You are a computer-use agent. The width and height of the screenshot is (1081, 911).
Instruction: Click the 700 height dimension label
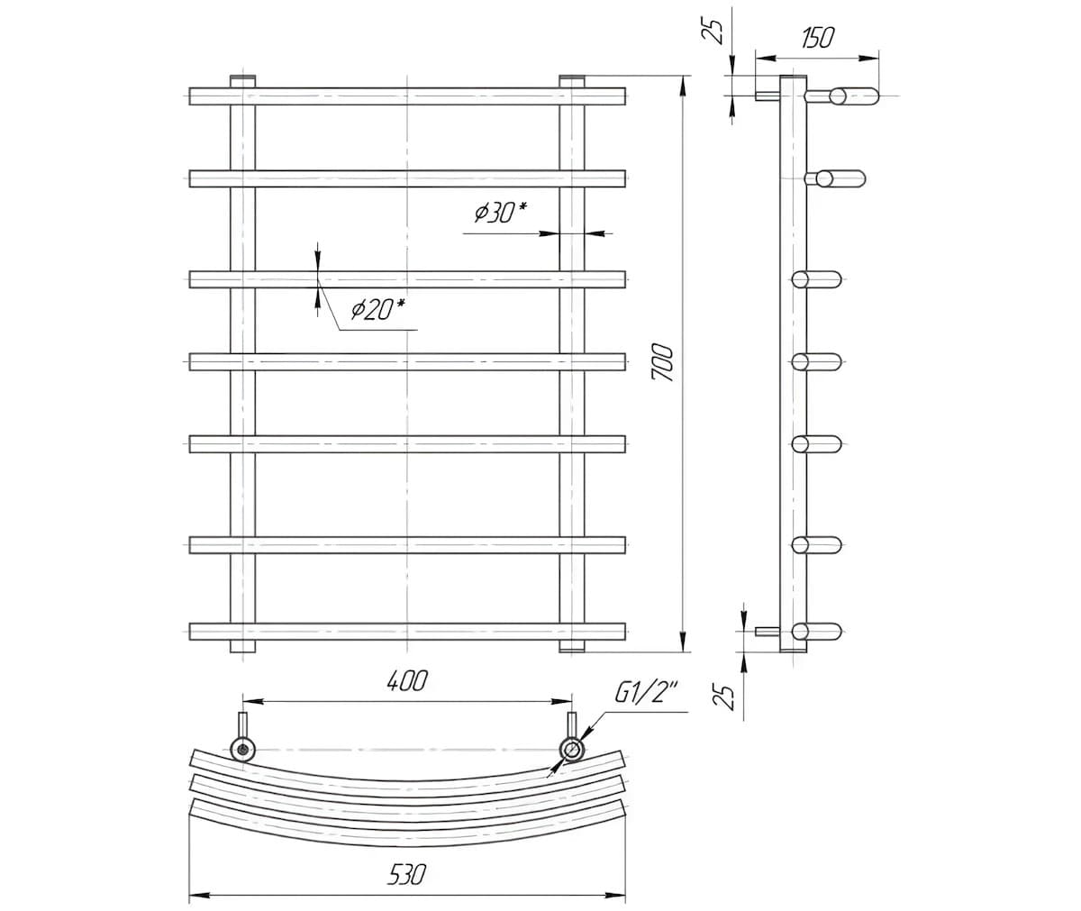tap(662, 362)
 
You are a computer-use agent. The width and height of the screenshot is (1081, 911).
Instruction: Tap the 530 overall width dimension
tap(406, 874)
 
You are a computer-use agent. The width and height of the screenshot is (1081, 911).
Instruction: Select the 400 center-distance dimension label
tap(407, 680)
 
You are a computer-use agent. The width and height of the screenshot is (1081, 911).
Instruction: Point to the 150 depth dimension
tap(818, 38)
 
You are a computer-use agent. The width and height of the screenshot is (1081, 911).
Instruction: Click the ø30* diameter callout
tap(501, 213)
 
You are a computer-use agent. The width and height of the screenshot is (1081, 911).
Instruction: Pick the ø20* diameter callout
tap(378, 309)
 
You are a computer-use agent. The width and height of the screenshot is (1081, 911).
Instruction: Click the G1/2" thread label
tap(646, 692)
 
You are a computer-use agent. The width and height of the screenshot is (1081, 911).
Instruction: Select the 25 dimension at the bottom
tap(723, 697)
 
